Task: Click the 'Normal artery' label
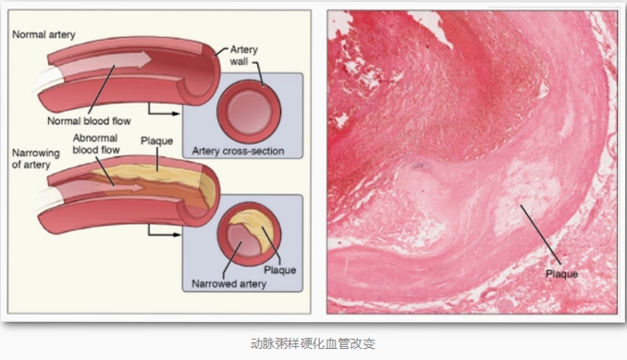tap(43, 35)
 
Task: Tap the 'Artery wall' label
tap(243, 56)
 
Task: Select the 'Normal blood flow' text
tap(89, 121)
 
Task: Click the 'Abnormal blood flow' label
tap(96, 144)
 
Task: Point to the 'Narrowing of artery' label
tap(35, 159)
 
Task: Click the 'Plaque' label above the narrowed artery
tap(157, 141)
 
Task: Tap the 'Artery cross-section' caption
tap(238, 151)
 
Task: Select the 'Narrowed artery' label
tap(228, 284)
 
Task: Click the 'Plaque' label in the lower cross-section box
tap(280, 270)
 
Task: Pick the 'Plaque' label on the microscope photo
tap(562, 274)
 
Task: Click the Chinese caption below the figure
tap(313, 343)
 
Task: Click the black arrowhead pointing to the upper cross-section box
tap(176, 114)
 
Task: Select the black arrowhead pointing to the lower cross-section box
tap(176, 234)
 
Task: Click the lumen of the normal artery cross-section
tap(249, 111)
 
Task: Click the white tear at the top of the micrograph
tap(430, 27)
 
